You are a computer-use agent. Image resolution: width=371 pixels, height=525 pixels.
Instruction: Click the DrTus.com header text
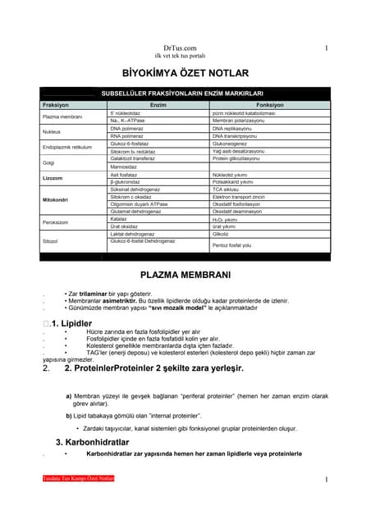(185, 49)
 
